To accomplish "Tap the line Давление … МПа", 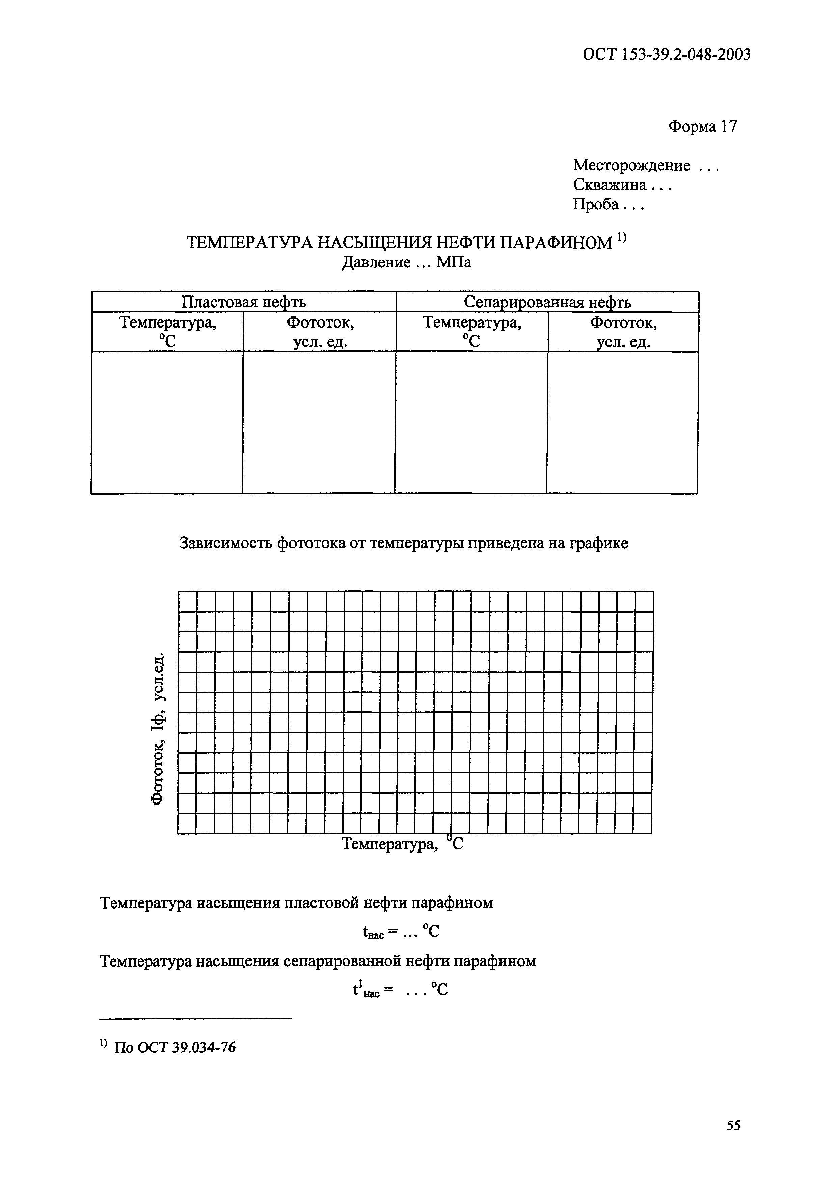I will pyautogui.click(x=407, y=263).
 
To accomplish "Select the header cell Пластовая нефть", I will pyautogui.click(x=244, y=302).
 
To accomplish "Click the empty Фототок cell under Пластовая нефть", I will pyautogui.click(x=319, y=422).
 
